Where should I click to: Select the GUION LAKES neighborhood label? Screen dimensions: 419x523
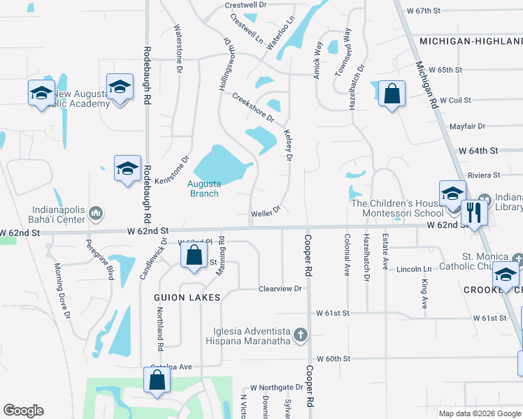tap(187, 297)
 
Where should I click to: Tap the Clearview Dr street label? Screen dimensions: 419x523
tap(280, 288)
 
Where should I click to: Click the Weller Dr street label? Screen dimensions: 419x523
tap(266, 210)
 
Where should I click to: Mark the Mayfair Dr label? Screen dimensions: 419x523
tap(467, 127)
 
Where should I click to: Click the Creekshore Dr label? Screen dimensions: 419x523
tap(252, 108)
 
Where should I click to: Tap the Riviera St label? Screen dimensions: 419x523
tap(485, 175)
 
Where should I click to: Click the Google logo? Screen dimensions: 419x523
tap(23, 410)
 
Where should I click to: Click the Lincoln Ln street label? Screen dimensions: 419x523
tap(415, 269)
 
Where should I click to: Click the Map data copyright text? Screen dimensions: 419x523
tap(480, 413)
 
